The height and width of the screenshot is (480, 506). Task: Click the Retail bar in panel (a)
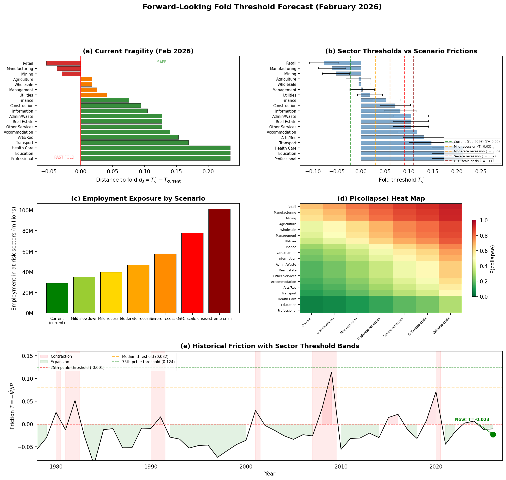64,63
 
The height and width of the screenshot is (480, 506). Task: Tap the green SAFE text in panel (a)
161,62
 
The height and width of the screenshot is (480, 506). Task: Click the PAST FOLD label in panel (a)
64,157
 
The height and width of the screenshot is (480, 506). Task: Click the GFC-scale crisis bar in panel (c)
192,272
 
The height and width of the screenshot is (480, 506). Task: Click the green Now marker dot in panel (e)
493,434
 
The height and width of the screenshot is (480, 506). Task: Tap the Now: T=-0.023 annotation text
472,420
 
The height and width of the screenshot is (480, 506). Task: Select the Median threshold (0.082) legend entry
145,356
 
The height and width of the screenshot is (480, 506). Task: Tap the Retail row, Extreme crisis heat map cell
450,206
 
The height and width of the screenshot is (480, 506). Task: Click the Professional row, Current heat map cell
311,310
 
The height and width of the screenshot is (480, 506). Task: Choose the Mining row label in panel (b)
290,74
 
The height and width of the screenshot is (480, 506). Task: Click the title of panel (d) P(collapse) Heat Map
381,198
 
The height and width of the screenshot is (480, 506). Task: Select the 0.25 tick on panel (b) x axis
481,171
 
